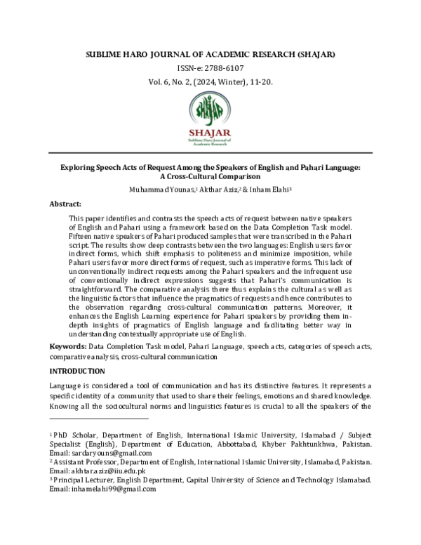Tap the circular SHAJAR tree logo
(210, 108)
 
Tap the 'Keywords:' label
(68, 347)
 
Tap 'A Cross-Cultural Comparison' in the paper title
(210, 176)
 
